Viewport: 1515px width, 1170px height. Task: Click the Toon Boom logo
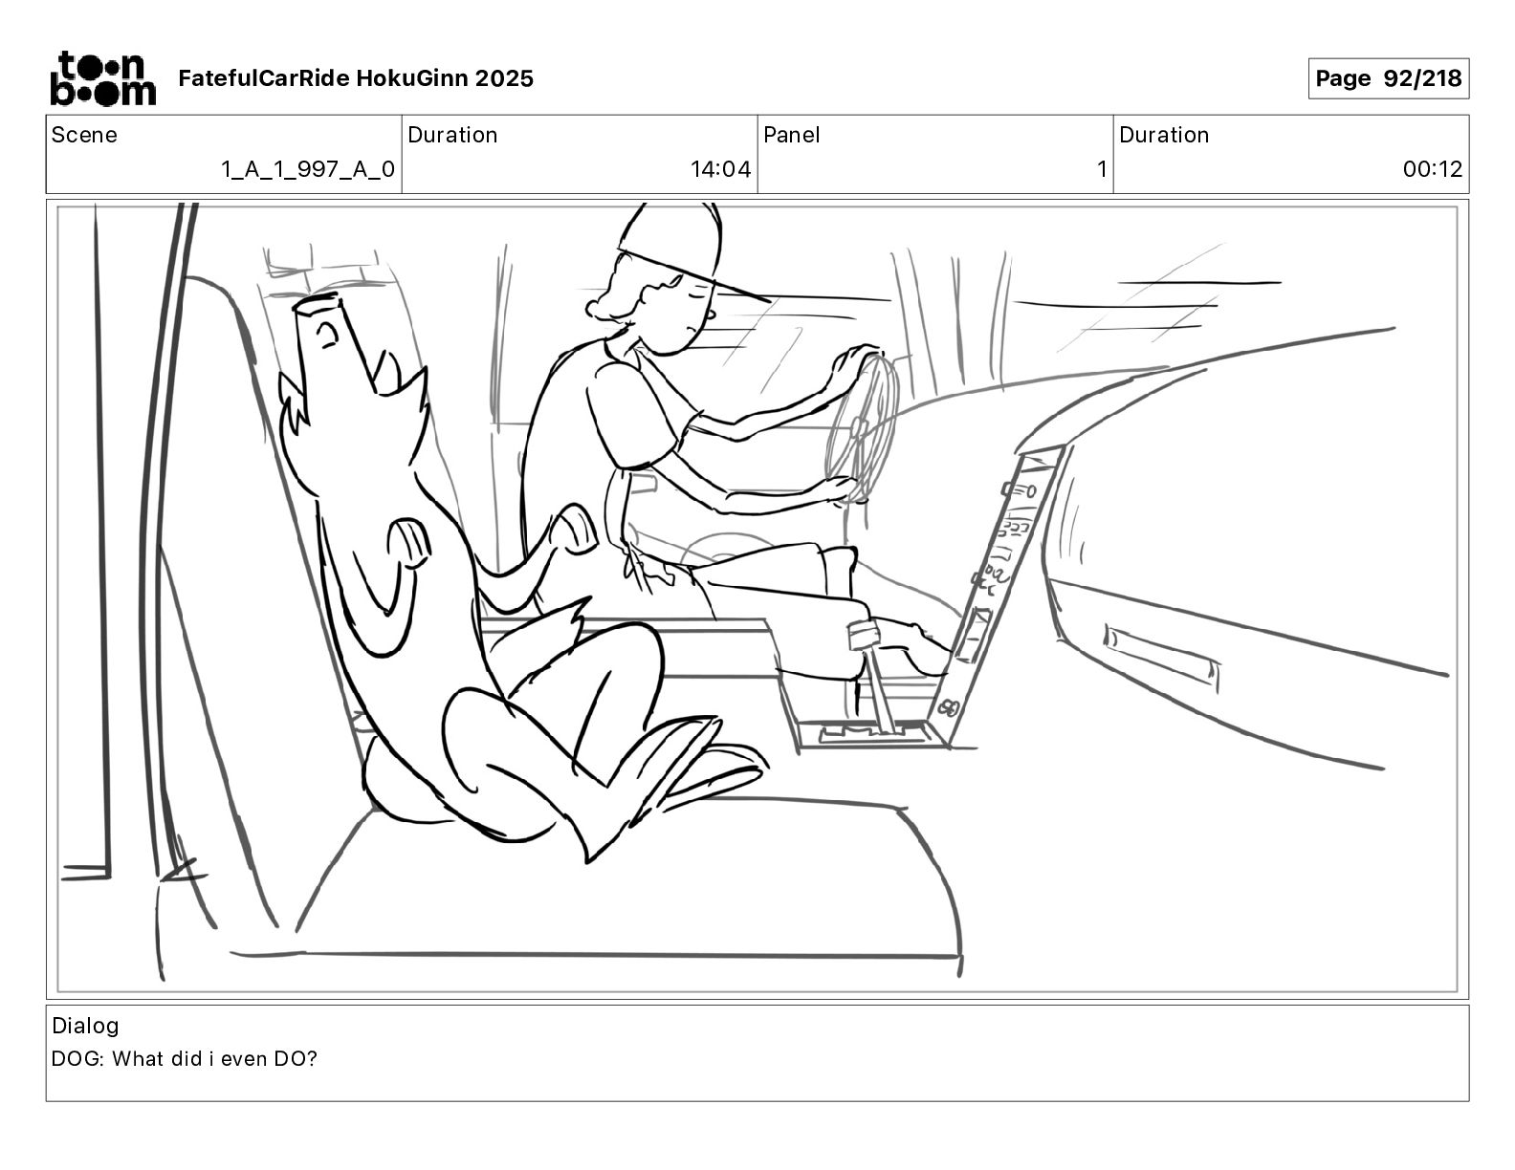pos(102,78)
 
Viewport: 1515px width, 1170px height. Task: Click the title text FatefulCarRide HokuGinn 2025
pos(356,78)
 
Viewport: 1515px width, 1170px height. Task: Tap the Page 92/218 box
pos(1388,78)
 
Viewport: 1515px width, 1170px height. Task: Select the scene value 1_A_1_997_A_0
pos(307,170)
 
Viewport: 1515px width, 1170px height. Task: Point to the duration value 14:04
pos(720,170)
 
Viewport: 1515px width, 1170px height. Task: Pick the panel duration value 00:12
pos(1432,170)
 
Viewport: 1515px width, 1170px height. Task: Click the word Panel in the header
pos(792,135)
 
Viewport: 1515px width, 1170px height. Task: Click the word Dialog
pos(85,1026)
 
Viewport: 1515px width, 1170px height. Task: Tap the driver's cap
pos(674,244)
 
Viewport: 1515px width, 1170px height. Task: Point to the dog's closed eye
pos(327,335)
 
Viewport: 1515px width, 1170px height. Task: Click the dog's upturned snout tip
pos(319,304)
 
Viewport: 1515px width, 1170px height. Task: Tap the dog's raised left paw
pos(407,540)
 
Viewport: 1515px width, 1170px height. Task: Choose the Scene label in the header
pos(84,135)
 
